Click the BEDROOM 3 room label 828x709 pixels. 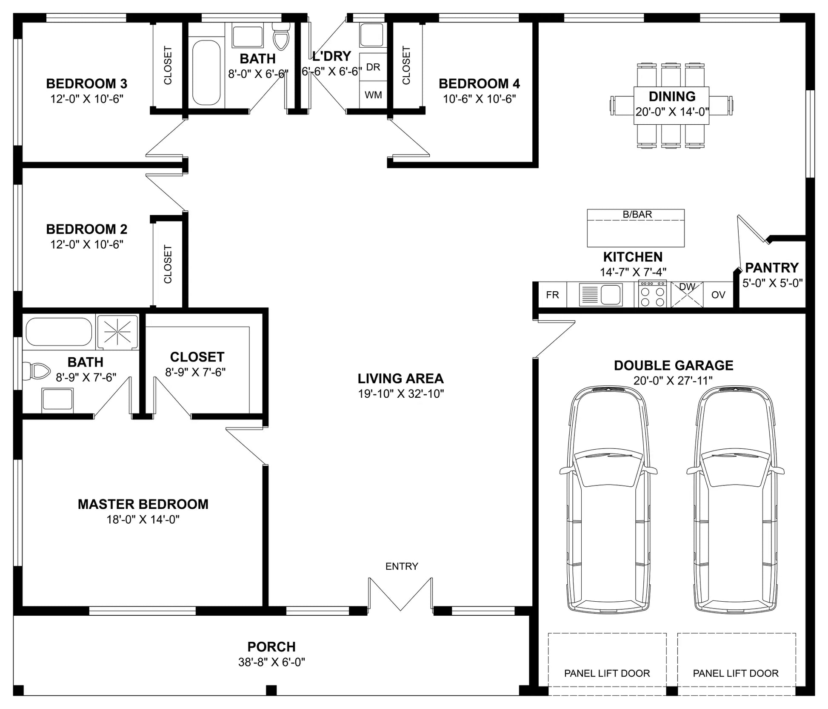point(87,83)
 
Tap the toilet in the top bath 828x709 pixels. point(281,36)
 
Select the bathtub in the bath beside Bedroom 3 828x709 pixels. point(206,73)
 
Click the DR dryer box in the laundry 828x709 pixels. point(373,67)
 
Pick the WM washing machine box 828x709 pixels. point(373,95)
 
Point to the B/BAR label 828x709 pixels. point(637,214)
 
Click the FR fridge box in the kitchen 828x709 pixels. point(552,295)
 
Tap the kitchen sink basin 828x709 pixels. point(611,294)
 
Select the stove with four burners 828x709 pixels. point(653,294)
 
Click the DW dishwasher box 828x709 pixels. point(687,294)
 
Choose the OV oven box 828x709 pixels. point(718,295)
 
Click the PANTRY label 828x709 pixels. point(772,267)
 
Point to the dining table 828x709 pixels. point(671,106)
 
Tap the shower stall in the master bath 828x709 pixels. point(117,332)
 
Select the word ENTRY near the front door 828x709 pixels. point(402,566)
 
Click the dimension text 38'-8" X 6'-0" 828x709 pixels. point(271,662)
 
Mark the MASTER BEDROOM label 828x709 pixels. point(143,504)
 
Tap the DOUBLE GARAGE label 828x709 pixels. point(674,365)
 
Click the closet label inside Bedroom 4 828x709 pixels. point(406,65)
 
